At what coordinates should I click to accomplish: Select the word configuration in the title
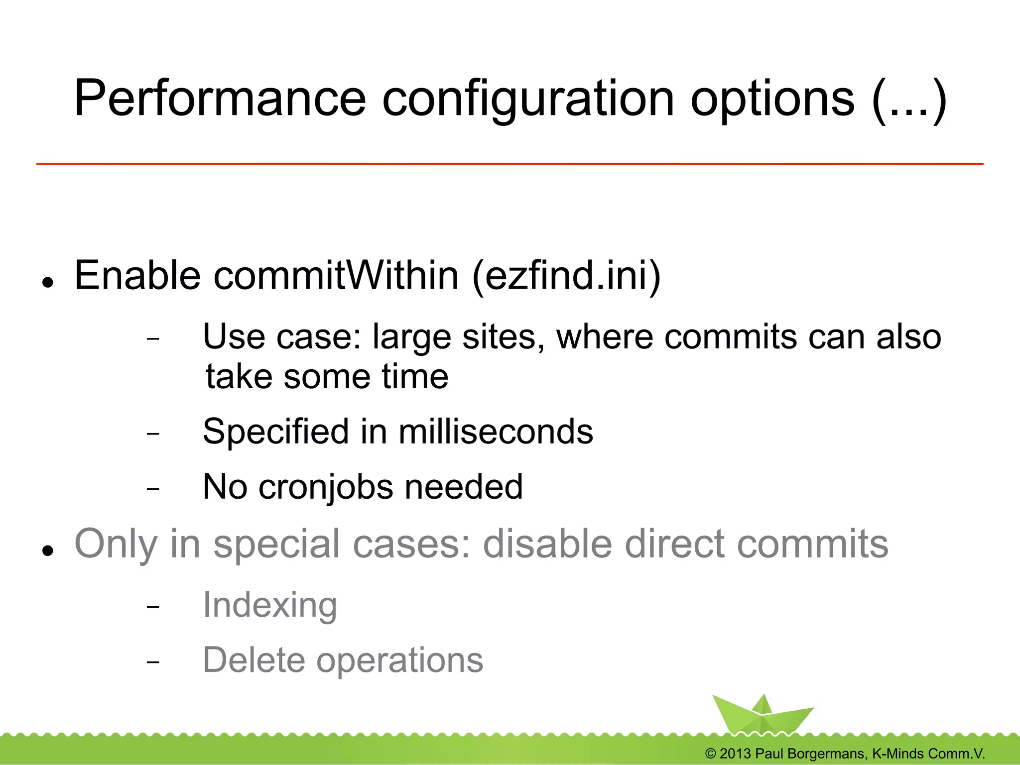(528, 100)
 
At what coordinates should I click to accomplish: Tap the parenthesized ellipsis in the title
(909, 100)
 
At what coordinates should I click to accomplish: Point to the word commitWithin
(336, 276)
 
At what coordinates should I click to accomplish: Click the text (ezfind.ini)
(566, 276)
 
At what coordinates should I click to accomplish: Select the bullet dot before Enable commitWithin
(48, 283)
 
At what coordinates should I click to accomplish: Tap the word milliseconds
(496, 431)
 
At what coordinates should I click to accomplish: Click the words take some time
(327, 376)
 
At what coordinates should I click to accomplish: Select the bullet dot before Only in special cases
(48, 550)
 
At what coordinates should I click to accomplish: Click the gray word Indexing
(270, 605)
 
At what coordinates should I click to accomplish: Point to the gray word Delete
(254, 660)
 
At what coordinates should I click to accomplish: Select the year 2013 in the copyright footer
(735, 754)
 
